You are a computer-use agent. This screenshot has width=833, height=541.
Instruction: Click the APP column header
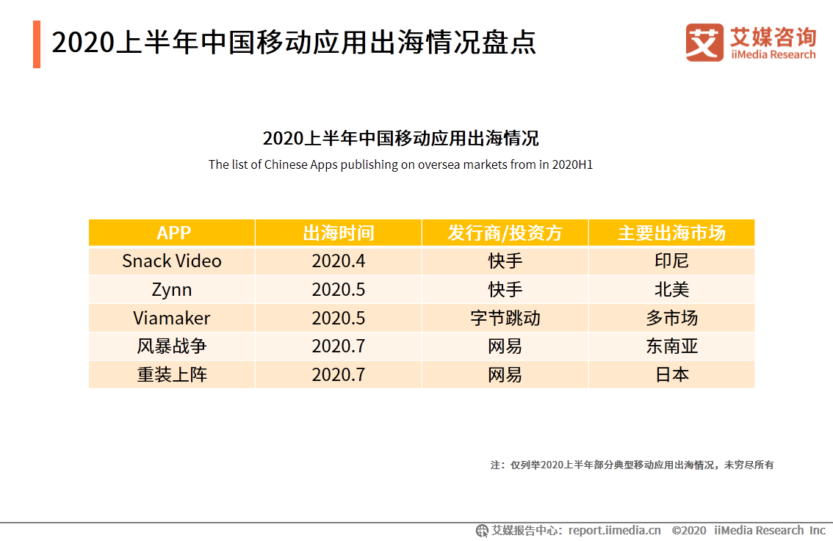tap(173, 233)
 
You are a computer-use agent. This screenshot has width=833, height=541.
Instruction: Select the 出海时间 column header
tap(339, 233)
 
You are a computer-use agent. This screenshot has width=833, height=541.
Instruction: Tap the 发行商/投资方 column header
tap(505, 233)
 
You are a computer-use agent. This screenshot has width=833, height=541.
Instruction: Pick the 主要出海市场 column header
tap(671, 233)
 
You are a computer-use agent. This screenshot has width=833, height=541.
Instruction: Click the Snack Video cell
tap(172, 261)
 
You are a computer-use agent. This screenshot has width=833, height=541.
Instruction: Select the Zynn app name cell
tap(172, 289)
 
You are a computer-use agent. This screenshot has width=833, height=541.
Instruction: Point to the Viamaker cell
tap(172, 318)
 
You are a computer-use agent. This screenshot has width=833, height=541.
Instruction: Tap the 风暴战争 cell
tap(172, 346)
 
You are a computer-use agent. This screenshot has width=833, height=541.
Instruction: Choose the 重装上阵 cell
tap(172, 374)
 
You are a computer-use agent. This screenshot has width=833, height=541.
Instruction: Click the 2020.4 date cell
tap(339, 261)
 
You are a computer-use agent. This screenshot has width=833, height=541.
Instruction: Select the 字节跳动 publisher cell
tap(505, 318)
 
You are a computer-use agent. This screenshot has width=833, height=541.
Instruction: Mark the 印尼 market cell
tap(671, 261)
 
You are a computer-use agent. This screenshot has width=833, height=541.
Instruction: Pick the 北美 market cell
tap(671, 289)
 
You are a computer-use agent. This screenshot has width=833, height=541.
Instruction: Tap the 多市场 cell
tap(671, 318)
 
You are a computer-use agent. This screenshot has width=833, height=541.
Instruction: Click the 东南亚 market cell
tap(671, 346)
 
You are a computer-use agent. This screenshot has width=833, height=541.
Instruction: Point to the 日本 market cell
tap(671, 374)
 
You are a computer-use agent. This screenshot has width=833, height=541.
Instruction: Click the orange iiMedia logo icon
tap(704, 43)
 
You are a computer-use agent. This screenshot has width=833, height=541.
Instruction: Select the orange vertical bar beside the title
tap(37, 44)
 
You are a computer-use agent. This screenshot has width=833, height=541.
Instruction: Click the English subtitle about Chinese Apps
tap(400, 164)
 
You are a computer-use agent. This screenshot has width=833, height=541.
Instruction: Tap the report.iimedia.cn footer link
tap(614, 530)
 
